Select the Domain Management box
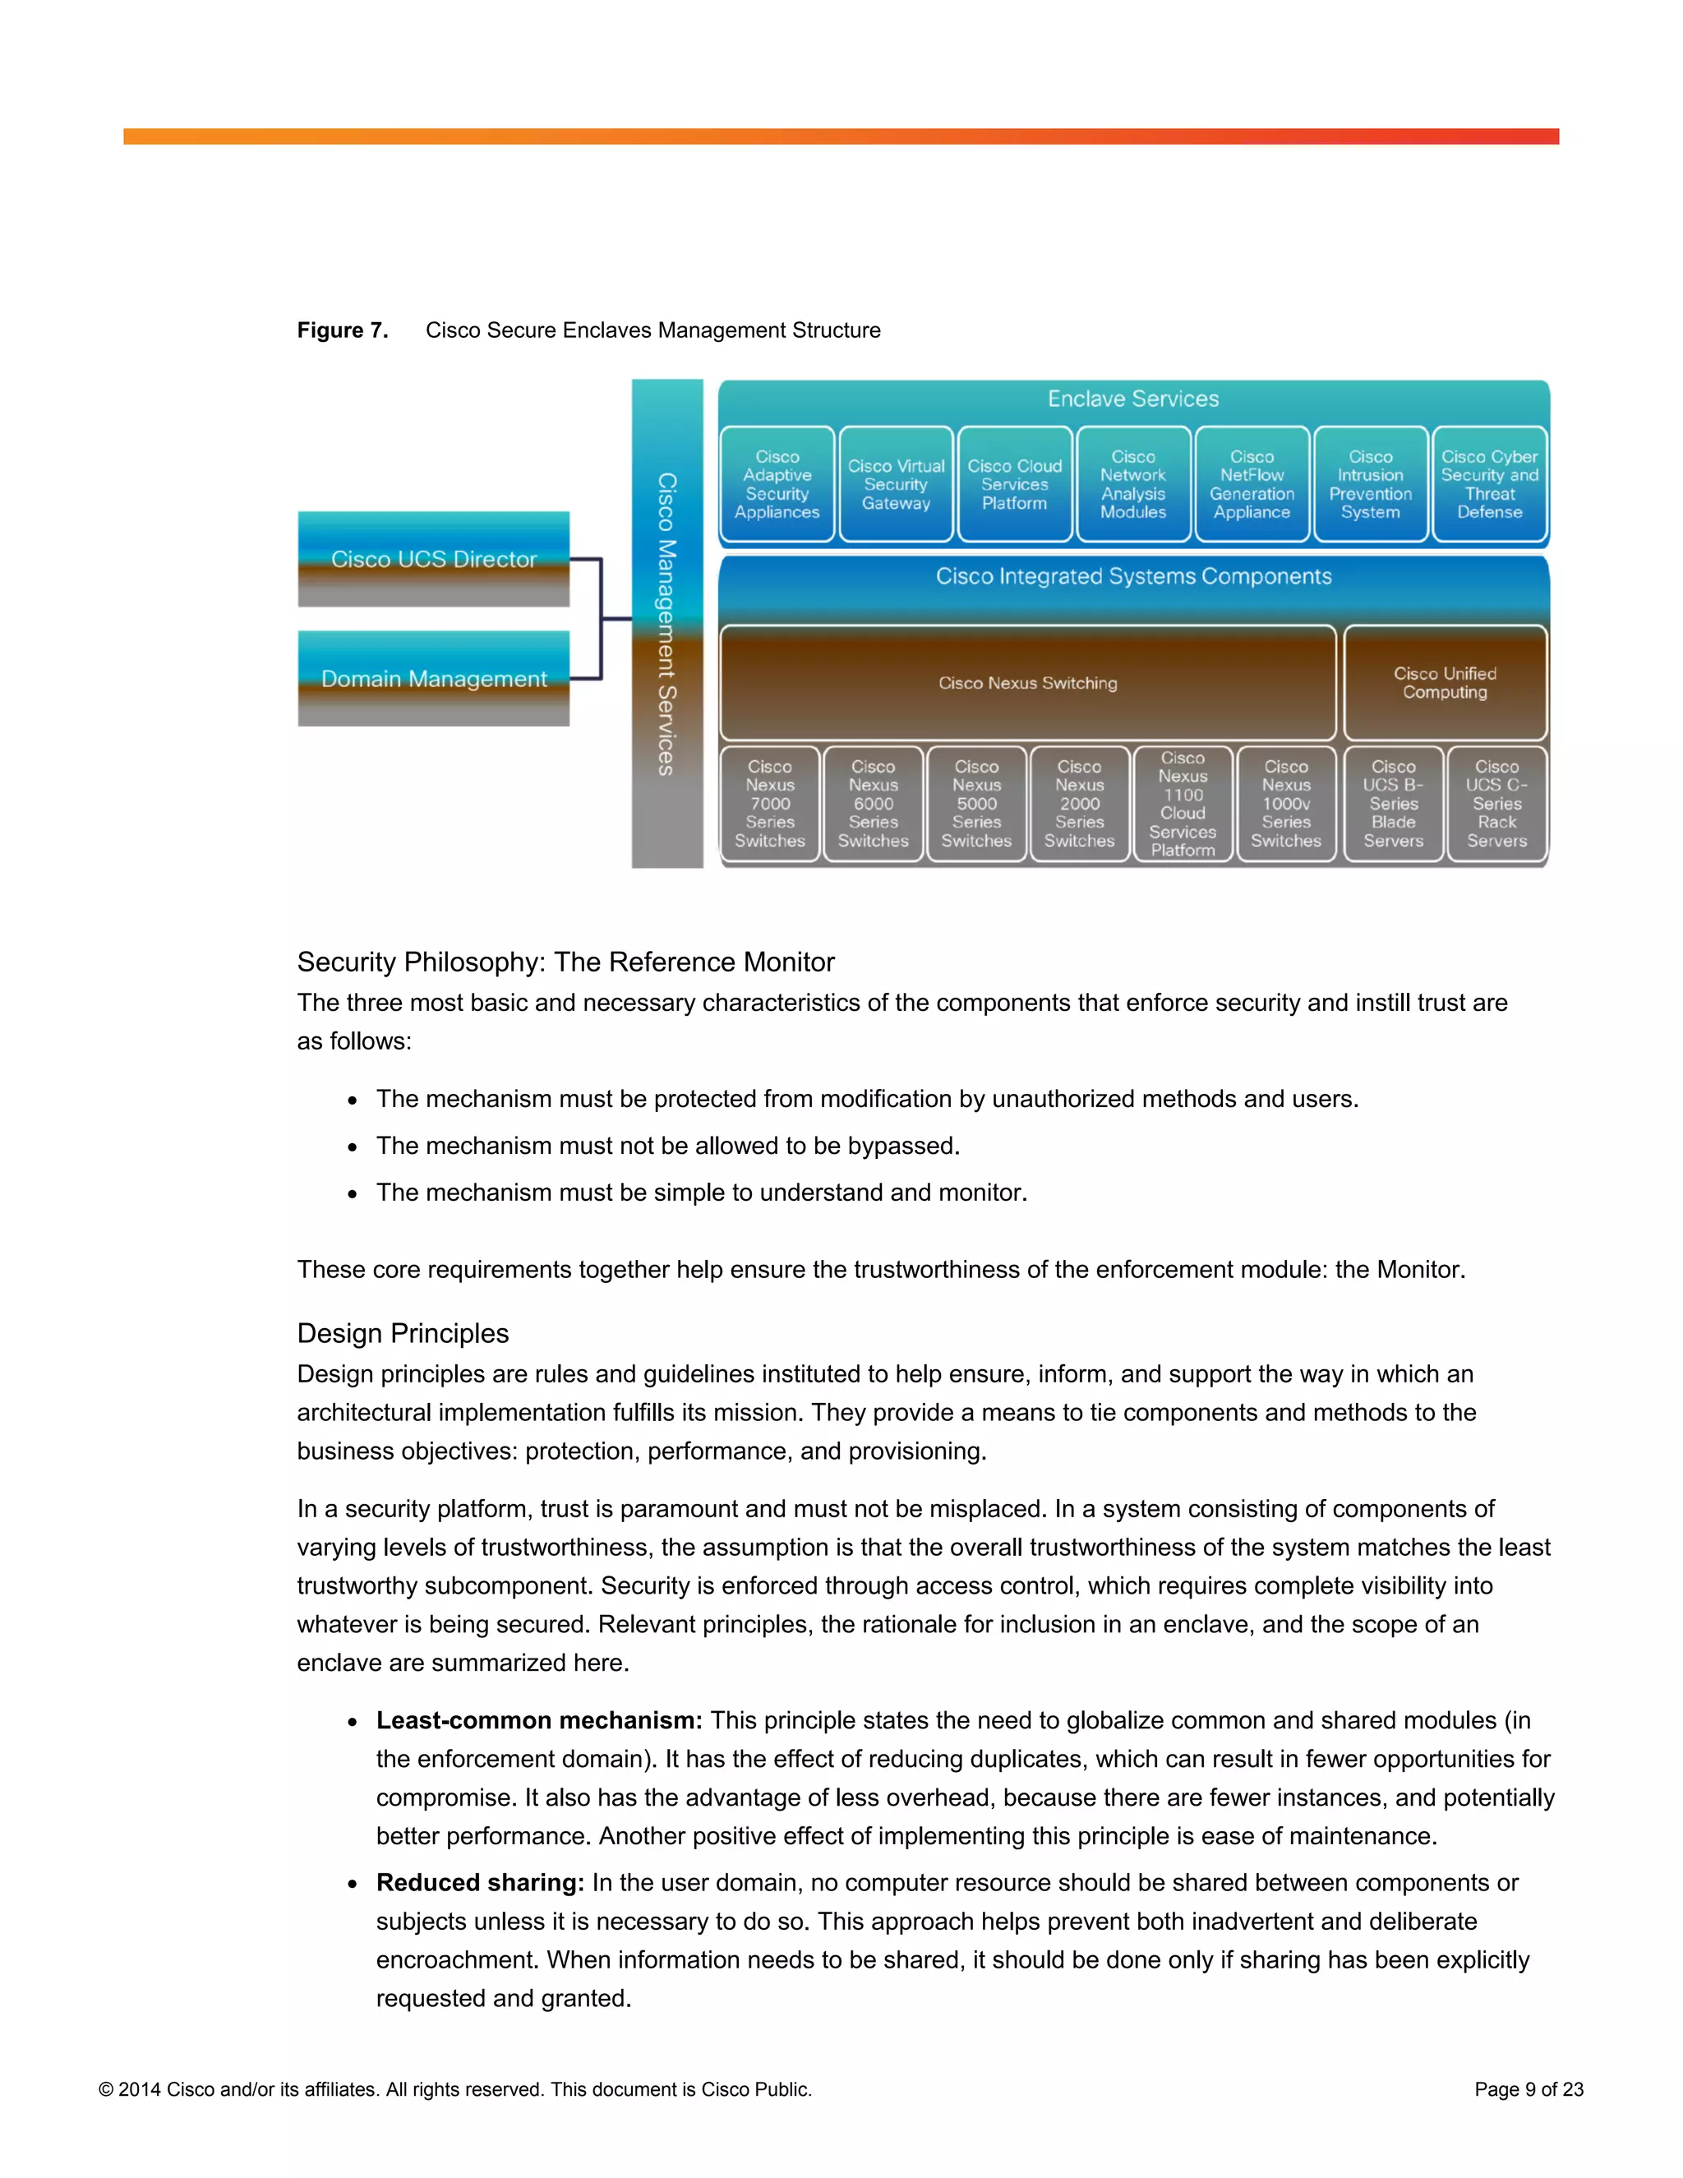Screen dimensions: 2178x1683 click(x=434, y=678)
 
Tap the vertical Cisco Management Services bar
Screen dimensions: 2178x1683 click(x=667, y=623)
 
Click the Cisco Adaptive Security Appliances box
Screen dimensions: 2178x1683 click(x=777, y=485)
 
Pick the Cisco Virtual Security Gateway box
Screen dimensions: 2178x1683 click(x=896, y=485)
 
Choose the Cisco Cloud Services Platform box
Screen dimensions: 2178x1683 click(x=1014, y=485)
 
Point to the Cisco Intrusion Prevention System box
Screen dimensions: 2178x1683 click(x=1370, y=485)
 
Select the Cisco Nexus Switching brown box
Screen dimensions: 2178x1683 click(x=1027, y=683)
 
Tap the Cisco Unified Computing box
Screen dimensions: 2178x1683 click(x=1445, y=683)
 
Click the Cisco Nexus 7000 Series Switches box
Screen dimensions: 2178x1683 click(x=770, y=804)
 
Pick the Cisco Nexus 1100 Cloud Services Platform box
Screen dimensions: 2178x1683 click(x=1183, y=804)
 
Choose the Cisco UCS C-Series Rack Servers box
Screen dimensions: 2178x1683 click(x=1496, y=804)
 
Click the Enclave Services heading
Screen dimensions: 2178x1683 click(x=1132, y=399)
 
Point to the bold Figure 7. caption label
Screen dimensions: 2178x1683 click(x=342, y=330)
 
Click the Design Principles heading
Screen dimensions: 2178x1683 click(x=403, y=1333)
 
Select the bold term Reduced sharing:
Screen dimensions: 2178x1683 click(x=480, y=1883)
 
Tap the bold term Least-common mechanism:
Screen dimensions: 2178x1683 click(x=539, y=1720)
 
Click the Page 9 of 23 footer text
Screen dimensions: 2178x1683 click(x=1529, y=2089)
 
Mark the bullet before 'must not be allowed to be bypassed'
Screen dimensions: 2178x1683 click(x=353, y=1147)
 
